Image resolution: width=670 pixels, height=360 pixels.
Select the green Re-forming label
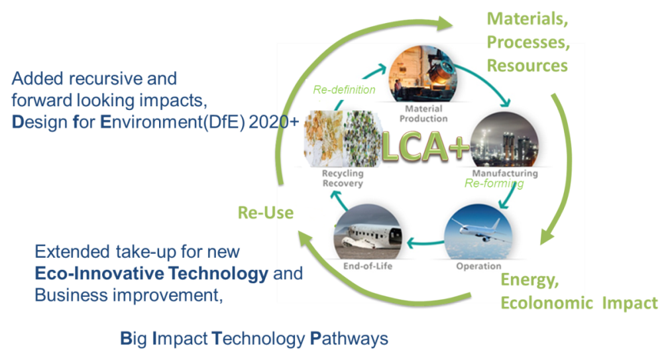(494, 184)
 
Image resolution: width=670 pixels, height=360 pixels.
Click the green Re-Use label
(265, 212)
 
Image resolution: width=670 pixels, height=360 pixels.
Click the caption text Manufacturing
(504, 174)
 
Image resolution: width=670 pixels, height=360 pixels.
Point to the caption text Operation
(478, 267)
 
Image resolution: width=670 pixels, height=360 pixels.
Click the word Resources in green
(527, 66)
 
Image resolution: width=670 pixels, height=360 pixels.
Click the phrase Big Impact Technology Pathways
(254, 339)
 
